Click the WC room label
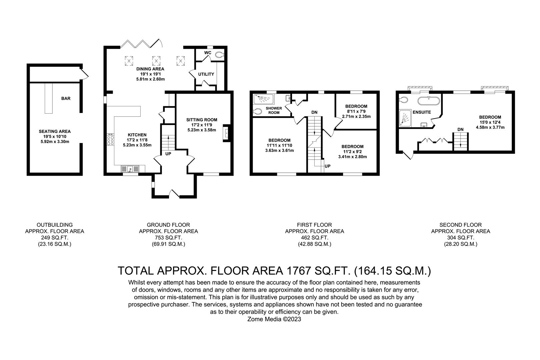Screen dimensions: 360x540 coord(208,53)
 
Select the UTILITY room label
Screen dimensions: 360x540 coord(206,74)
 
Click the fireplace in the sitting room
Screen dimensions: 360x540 coord(226,133)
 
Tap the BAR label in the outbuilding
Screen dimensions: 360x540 coord(66,98)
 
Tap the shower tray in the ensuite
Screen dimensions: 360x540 coord(405,119)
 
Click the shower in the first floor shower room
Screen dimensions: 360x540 coord(264,99)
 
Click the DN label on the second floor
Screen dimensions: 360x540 coord(460,129)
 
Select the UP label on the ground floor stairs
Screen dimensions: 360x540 coord(168,154)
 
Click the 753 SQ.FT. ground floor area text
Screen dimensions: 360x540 coord(168,237)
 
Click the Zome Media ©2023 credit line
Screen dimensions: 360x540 coord(274,319)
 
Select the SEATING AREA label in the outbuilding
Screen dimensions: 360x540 coord(55,131)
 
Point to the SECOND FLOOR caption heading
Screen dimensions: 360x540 coord(460,225)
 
